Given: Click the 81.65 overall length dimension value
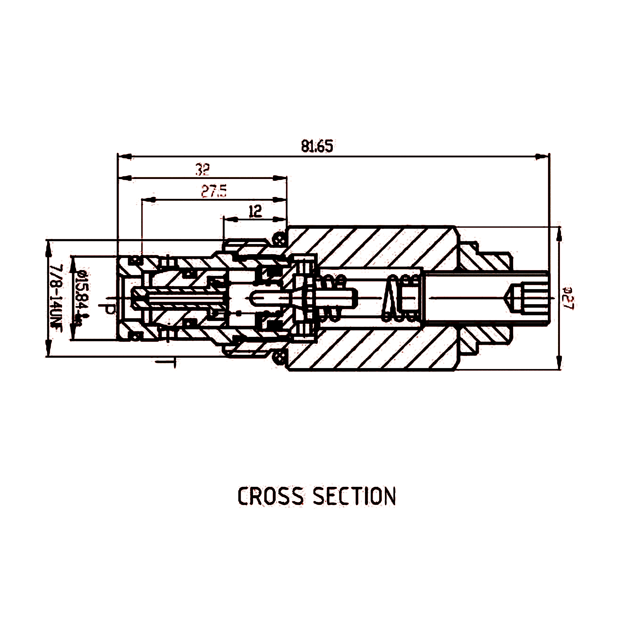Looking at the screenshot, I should [317, 146].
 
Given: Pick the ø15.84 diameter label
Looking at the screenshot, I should [82, 297].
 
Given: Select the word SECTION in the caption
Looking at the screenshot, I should [354, 496].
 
